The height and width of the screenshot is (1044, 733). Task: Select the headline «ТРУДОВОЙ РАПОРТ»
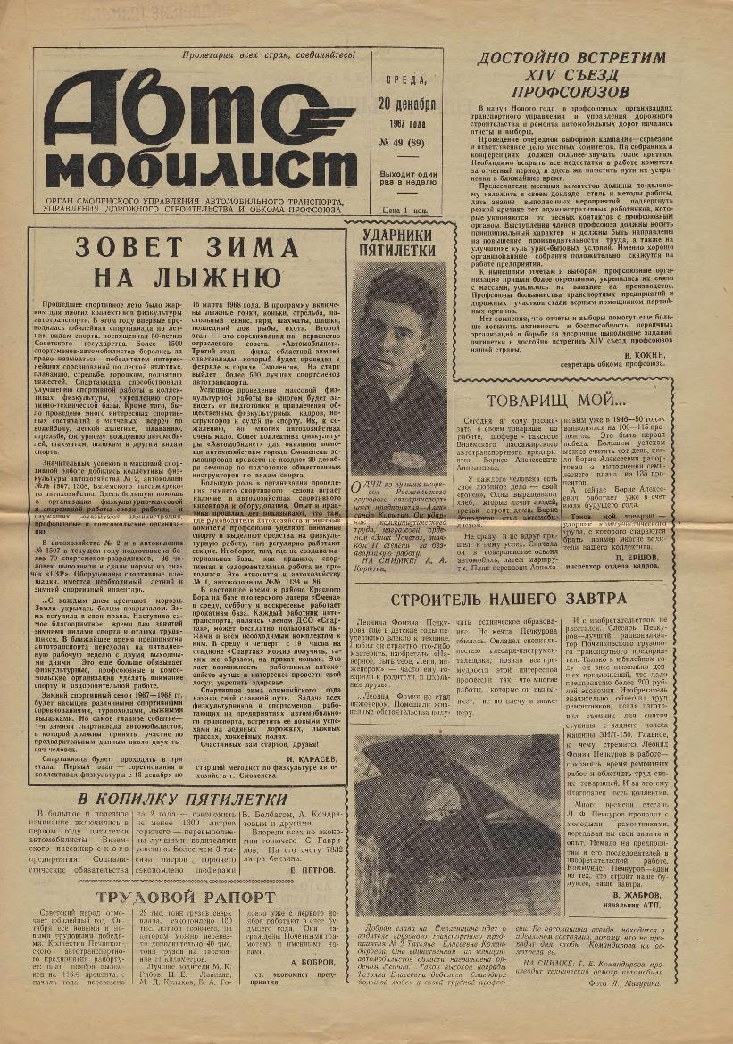click(x=180, y=897)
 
